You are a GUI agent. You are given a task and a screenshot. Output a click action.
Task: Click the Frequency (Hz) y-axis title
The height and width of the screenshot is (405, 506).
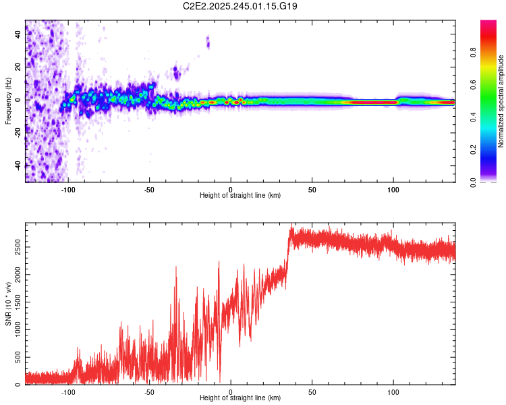[x=7, y=101]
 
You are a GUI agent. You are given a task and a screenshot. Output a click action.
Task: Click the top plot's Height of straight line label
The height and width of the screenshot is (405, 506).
[x=240, y=195]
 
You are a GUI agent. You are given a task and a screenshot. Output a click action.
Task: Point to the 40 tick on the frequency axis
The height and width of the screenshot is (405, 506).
[x=18, y=35]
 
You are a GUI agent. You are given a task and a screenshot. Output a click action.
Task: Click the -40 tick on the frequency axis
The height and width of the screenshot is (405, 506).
[x=18, y=165]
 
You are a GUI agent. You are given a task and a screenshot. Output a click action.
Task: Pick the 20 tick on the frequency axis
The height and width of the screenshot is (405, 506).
[x=18, y=67]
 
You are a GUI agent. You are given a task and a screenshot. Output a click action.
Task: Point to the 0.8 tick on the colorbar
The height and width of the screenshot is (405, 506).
[x=474, y=53]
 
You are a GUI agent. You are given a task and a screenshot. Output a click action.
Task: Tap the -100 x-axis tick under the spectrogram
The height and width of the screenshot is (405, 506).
[x=67, y=189]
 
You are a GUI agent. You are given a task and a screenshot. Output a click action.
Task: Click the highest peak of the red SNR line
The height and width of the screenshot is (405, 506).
[x=291, y=224]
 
